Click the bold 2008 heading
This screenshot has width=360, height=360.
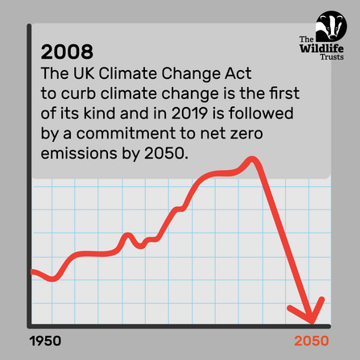click(67, 52)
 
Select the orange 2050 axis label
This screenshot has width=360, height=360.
click(312, 341)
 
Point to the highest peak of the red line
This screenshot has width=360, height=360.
click(254, 158)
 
